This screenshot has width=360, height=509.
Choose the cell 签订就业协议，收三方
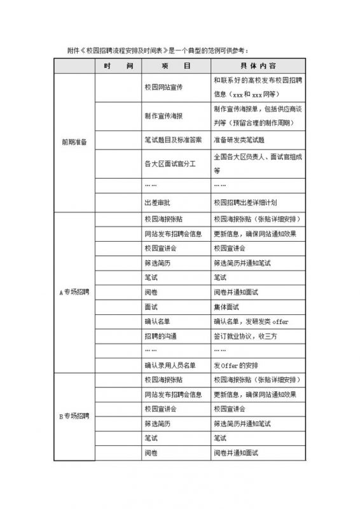[245, 335]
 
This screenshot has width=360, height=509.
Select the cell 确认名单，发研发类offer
[251, 321]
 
